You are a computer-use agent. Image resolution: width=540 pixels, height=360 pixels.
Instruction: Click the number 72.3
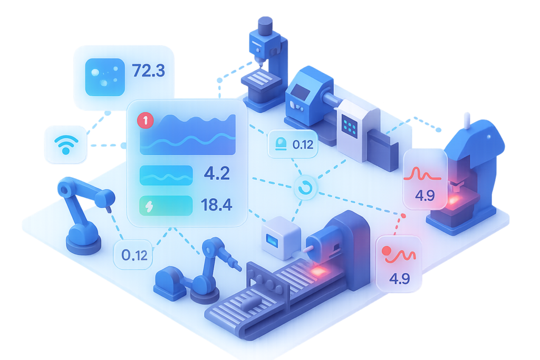148,70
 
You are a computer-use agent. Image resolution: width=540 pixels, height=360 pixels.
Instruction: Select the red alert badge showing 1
145,121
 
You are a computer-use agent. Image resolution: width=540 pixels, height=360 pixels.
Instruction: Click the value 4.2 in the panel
216,173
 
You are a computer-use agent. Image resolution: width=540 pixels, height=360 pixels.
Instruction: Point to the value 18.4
216,205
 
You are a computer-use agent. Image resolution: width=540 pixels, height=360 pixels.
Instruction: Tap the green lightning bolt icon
149,206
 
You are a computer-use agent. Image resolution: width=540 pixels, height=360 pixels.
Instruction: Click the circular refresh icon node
304,188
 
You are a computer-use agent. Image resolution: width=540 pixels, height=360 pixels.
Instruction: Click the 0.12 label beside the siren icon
302,144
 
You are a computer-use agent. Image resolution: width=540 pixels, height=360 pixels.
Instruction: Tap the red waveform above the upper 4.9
425,173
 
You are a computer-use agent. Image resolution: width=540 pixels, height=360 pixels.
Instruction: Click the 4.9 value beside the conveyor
399,279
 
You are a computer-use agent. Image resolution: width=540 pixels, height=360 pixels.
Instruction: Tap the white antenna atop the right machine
466,120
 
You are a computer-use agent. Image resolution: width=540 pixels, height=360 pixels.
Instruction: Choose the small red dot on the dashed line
403,216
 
